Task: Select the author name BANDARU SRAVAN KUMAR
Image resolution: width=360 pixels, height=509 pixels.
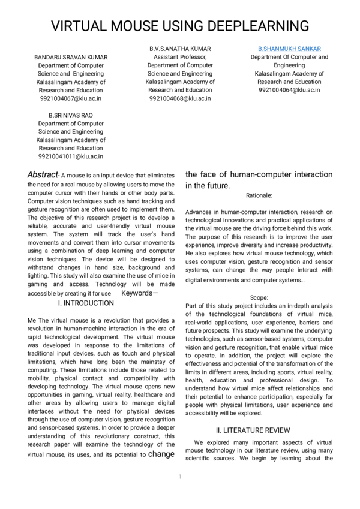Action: [x=71, y=57]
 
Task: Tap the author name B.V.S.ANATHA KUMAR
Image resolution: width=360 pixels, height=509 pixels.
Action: [x=180, y=48]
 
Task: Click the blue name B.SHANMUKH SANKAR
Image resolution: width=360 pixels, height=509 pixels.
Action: [x=289, y=48]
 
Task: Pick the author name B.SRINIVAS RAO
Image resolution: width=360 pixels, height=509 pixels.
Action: [x=71, y=115]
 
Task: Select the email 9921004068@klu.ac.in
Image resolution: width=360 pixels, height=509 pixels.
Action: [x=180, y=98]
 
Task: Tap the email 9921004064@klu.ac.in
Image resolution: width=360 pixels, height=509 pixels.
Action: [x=289, y=90]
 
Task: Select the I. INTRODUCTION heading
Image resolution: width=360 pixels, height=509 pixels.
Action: [x=86, y=303]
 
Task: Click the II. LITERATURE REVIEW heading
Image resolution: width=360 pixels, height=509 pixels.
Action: [x=253, y=430]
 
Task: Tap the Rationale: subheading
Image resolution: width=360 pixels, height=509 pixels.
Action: [x=259, y=195]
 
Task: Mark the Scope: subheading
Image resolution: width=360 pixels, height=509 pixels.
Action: [x=259, y=297]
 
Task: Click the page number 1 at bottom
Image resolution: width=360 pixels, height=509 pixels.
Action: [x=179, y=477]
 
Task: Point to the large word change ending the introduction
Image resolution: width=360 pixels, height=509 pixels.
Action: [x=161, y=454]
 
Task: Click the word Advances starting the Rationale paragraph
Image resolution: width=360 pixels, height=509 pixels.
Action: [x=199, y=212]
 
